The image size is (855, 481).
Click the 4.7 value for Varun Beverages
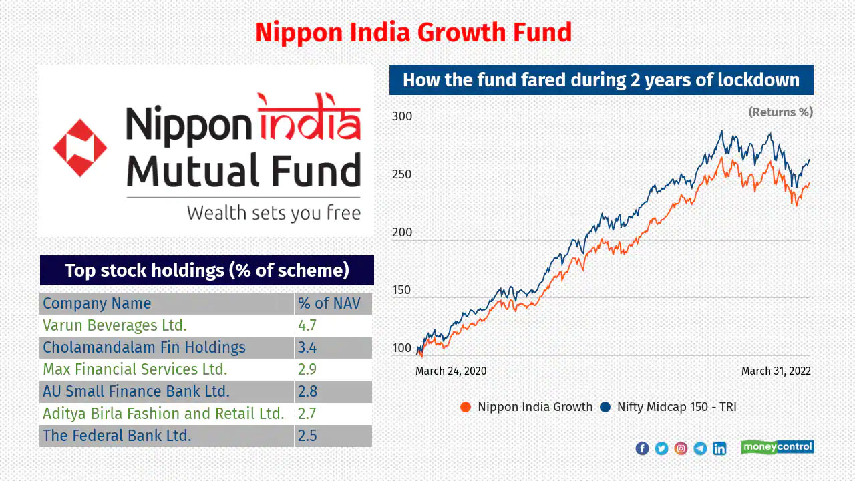click(x=307, y=325)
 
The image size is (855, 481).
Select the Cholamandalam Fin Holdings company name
click(x=144, y=347)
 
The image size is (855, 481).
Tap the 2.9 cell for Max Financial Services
click(x=307, y=369)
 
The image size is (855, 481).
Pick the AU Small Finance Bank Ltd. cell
click(x=136, y=391)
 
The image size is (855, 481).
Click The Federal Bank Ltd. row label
click(x=117, y=435)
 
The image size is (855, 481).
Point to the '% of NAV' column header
click(x=329, y=303)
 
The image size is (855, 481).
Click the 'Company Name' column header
click(x=97, y=303)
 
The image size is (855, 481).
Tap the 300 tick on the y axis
click(x=402, y=116)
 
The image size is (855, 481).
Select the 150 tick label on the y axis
click(x=401, y=290)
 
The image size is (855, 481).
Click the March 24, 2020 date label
click(x=451, y=371)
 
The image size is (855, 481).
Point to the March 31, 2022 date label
click(x=776, y=371)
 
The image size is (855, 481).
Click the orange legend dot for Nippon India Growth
click(x=466, y=407)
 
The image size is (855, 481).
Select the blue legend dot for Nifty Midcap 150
click(x=605, y=407)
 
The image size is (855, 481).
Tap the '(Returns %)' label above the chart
click(x=781, y=112)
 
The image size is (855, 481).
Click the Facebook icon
click(x=642, y=448)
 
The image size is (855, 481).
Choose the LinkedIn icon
click(x=719, y=448)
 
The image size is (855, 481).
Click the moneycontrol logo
click(x=778, y=447)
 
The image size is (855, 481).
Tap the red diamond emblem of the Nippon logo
click(x=80, y=148)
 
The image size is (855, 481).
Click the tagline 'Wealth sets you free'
click(x=274, y=213)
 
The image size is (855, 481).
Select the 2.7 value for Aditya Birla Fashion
click(x=307, y=414)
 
